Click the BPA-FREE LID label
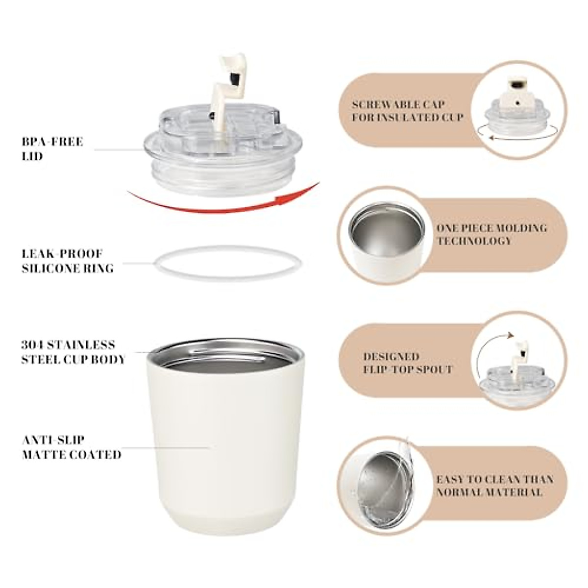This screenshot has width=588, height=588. pos(52,149)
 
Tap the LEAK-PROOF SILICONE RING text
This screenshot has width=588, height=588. pos(68,261)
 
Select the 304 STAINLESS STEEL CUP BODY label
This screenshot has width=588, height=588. pos(73,352)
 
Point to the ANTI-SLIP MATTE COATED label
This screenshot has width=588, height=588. pos(72,447)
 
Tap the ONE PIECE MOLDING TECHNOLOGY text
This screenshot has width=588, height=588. pos(491,234)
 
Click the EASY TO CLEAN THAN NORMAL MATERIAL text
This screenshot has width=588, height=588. pos(494,486)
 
